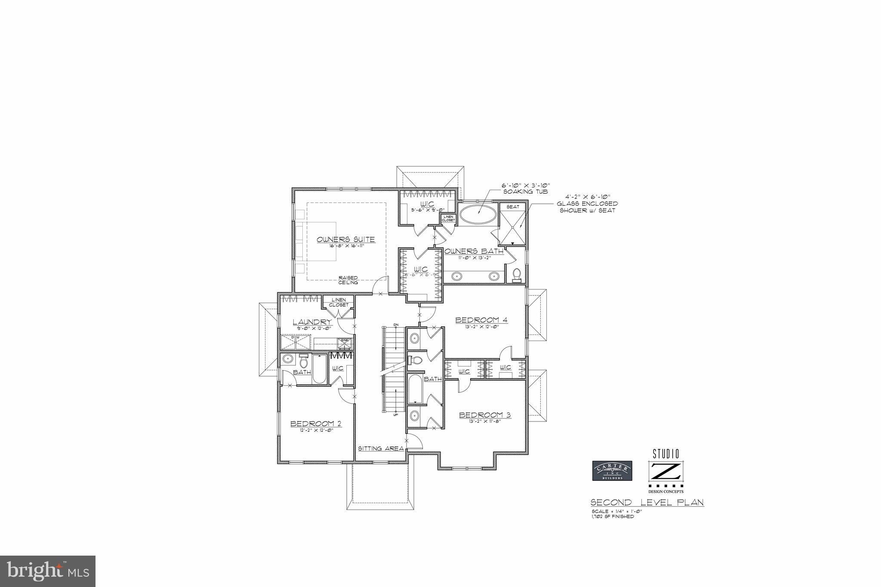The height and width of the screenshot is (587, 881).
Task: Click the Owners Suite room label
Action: click(x=345, y=240)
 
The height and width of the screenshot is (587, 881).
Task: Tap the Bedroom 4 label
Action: click(x=481, y=320)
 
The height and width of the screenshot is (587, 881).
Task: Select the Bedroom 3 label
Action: click(x=485, y=415)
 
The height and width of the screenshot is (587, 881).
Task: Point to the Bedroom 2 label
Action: click(x=316, y=424)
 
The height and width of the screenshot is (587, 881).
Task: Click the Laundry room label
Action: click(x=312, y=322)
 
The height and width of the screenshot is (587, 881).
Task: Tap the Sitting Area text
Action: click(x=381, y=449)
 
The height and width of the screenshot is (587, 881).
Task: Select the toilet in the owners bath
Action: click(x=517, y=274)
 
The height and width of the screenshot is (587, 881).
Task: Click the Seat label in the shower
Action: click(x=512, y=207)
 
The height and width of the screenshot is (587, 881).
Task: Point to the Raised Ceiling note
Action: click(x=348, y=280)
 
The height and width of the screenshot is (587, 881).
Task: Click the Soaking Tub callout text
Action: click(x=526, y=188)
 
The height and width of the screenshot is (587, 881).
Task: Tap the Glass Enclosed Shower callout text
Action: click(x=587, y=204)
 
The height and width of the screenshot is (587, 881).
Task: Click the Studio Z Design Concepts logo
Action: click(x=665, y=471)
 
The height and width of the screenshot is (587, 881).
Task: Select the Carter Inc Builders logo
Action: click(x=612, y=471)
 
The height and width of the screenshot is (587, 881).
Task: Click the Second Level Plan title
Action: click(x=647, y=502)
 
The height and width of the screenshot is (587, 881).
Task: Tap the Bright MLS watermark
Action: click(x=47, y=571)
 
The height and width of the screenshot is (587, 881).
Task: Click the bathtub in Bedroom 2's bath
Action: click(x=320, y=369)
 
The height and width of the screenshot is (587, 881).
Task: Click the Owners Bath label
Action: click(x=474, y=251)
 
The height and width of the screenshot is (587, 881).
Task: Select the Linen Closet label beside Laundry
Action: click(x=339, y=302)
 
